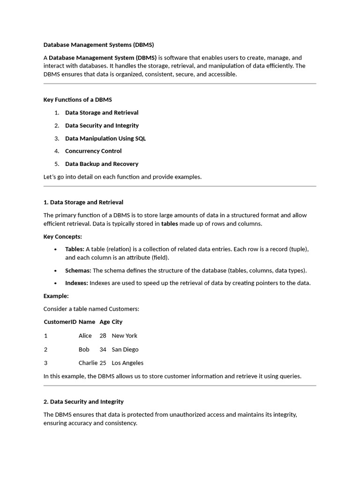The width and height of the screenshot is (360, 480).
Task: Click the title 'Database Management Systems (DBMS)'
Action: click(98, 45)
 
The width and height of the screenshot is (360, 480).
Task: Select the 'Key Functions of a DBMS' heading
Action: click(77, 100)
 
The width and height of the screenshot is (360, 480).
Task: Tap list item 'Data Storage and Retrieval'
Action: click(102, 112)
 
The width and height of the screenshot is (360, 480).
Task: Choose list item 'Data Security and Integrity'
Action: click(102, 126)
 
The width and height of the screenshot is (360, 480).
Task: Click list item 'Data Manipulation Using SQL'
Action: click(105, 138)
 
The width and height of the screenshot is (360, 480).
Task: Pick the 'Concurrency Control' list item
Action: click(93, 151)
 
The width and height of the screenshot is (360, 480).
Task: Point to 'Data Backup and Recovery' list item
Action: click(102, 164)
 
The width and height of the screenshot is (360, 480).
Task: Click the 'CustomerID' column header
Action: click(60, 322)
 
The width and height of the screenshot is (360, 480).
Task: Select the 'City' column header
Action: click(117, 322)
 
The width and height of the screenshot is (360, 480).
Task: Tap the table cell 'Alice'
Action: click(85, 336)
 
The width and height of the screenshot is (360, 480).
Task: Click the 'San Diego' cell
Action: click(125, 350)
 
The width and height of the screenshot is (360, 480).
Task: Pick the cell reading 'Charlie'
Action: click(88, 363)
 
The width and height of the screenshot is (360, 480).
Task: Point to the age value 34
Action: click(103, 350)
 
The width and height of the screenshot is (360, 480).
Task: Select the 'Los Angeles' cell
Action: click(127, 363)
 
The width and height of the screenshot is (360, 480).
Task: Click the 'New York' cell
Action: click(125, 336)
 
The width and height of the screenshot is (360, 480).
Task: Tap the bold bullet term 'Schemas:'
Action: click(78, 270)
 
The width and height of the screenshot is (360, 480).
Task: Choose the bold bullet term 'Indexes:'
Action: click(76, 283)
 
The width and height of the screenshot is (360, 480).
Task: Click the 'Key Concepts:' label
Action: click(63, 237)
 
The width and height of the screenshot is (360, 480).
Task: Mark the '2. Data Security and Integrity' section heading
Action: click(83, 402)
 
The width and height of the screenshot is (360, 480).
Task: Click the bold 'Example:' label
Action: click(56, 296)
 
